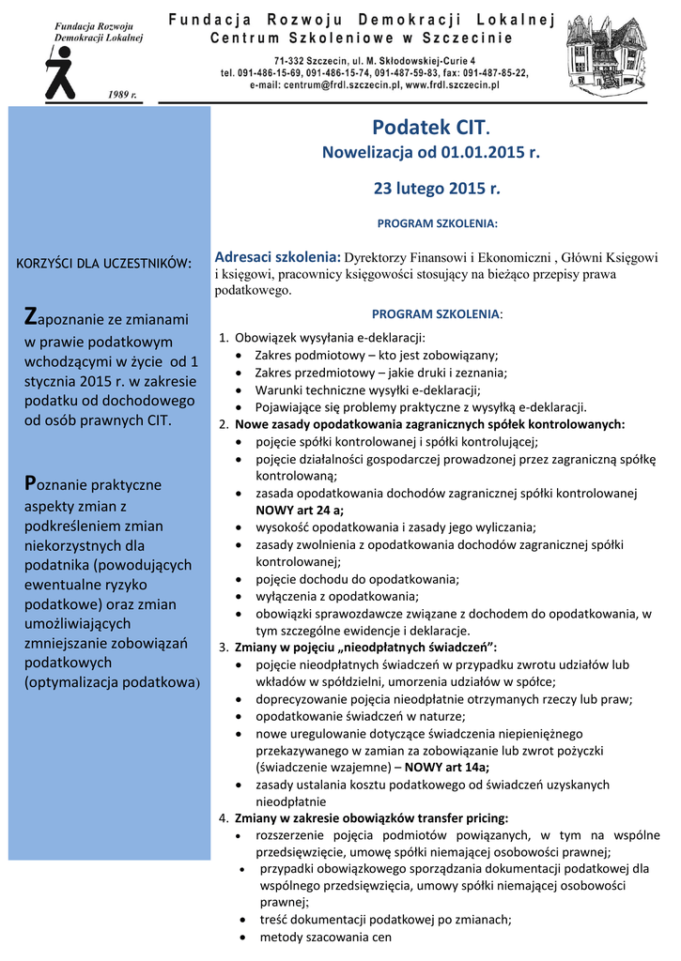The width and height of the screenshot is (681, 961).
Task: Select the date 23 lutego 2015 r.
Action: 437,188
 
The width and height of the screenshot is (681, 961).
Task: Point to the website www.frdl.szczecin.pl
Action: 452,84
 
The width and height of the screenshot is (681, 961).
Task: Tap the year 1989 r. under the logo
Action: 122,95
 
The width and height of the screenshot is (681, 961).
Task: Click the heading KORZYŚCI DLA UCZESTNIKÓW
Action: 105,262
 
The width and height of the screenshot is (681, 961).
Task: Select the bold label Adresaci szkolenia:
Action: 277,256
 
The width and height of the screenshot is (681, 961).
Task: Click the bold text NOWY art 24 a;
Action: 300,510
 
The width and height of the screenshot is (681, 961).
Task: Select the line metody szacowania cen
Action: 325,938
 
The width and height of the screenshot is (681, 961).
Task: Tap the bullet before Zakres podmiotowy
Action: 242,355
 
